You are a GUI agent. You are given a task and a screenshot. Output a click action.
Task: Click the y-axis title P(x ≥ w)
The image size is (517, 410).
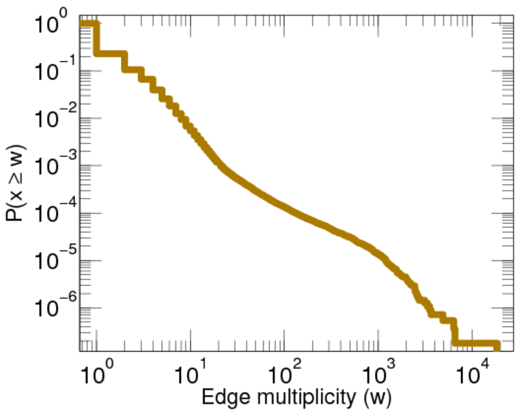coord(16,184)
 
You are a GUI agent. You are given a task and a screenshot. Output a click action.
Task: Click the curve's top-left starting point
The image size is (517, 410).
coord(83,24)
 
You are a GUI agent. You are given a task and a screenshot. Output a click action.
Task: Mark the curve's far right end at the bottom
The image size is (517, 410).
coord(497,344)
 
